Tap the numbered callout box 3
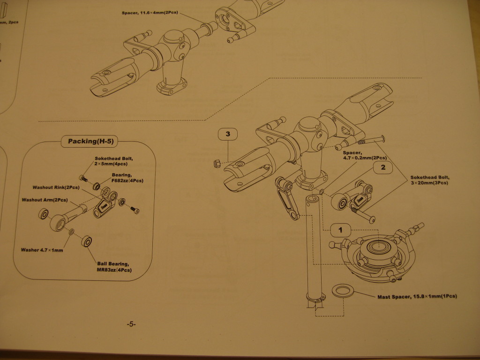tap(228, 135)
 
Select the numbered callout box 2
tap(383, 167)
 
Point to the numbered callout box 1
tap(341, 230)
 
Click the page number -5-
tap(131, 324)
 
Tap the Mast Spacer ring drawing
tap(343, 291)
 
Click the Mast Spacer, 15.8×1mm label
tap(417, 296)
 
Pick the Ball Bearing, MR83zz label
tap(114, 267)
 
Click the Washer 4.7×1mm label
tap(42, 250)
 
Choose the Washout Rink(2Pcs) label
tap(55, 187)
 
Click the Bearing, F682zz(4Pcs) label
tap(127, 178)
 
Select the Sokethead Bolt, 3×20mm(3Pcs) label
tap(429, 180)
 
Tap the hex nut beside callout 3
tap(217, 163)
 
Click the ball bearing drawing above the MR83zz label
tap(87, 241)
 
